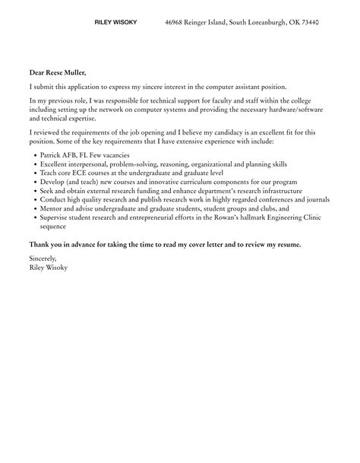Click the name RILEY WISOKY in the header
[x=116, y=24]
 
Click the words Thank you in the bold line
[x=45, y=244]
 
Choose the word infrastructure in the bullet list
[x=276, y=191]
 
